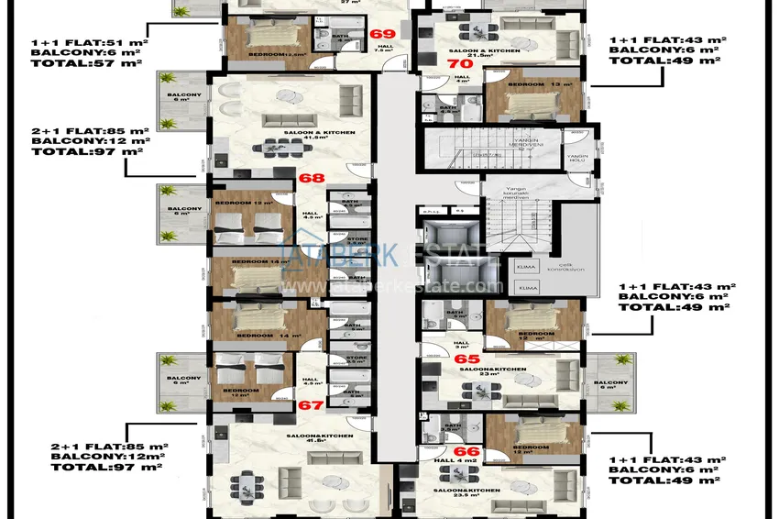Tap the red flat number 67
(x=311, y=404)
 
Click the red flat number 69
(x=381, y=33)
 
